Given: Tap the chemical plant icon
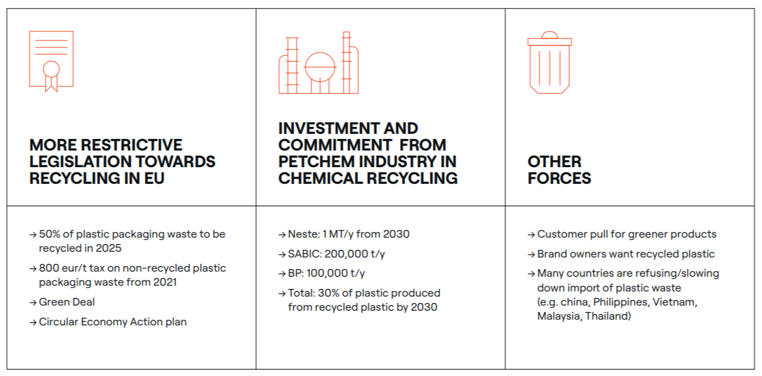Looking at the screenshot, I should click(x=319, y=64).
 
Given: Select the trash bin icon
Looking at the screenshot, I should click(x=549, y=63).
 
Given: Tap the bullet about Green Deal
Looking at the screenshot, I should click(x=67, y=302).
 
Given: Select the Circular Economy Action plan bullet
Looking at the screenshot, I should click(x=113, y=322).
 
